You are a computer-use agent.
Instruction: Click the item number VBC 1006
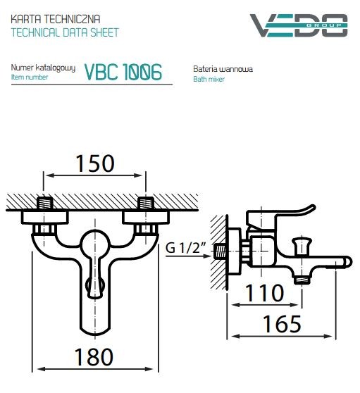click(x=123, y=72)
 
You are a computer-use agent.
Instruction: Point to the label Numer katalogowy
click(x=43, y=68)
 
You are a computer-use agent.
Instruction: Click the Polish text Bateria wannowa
click(x=223, y=70)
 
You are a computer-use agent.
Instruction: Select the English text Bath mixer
click(x=209, y=80)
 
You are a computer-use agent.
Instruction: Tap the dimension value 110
click(x=266, y=292)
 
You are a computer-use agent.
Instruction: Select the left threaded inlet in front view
click(x=44, y=204)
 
